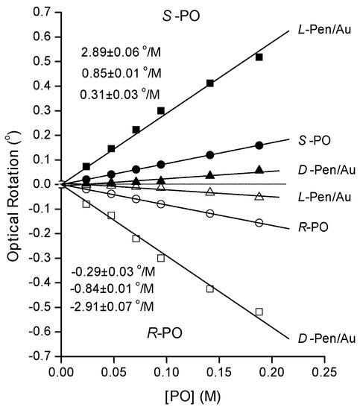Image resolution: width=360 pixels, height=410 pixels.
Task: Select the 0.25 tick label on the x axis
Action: [324, 371]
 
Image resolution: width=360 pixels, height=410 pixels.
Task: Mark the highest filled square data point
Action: [259, 57]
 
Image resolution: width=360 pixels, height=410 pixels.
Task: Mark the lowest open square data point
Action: [259, 312]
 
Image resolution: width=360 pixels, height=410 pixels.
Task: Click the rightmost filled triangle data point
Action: [259, 170]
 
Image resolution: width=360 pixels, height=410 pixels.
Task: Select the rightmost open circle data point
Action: [259, 223]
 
